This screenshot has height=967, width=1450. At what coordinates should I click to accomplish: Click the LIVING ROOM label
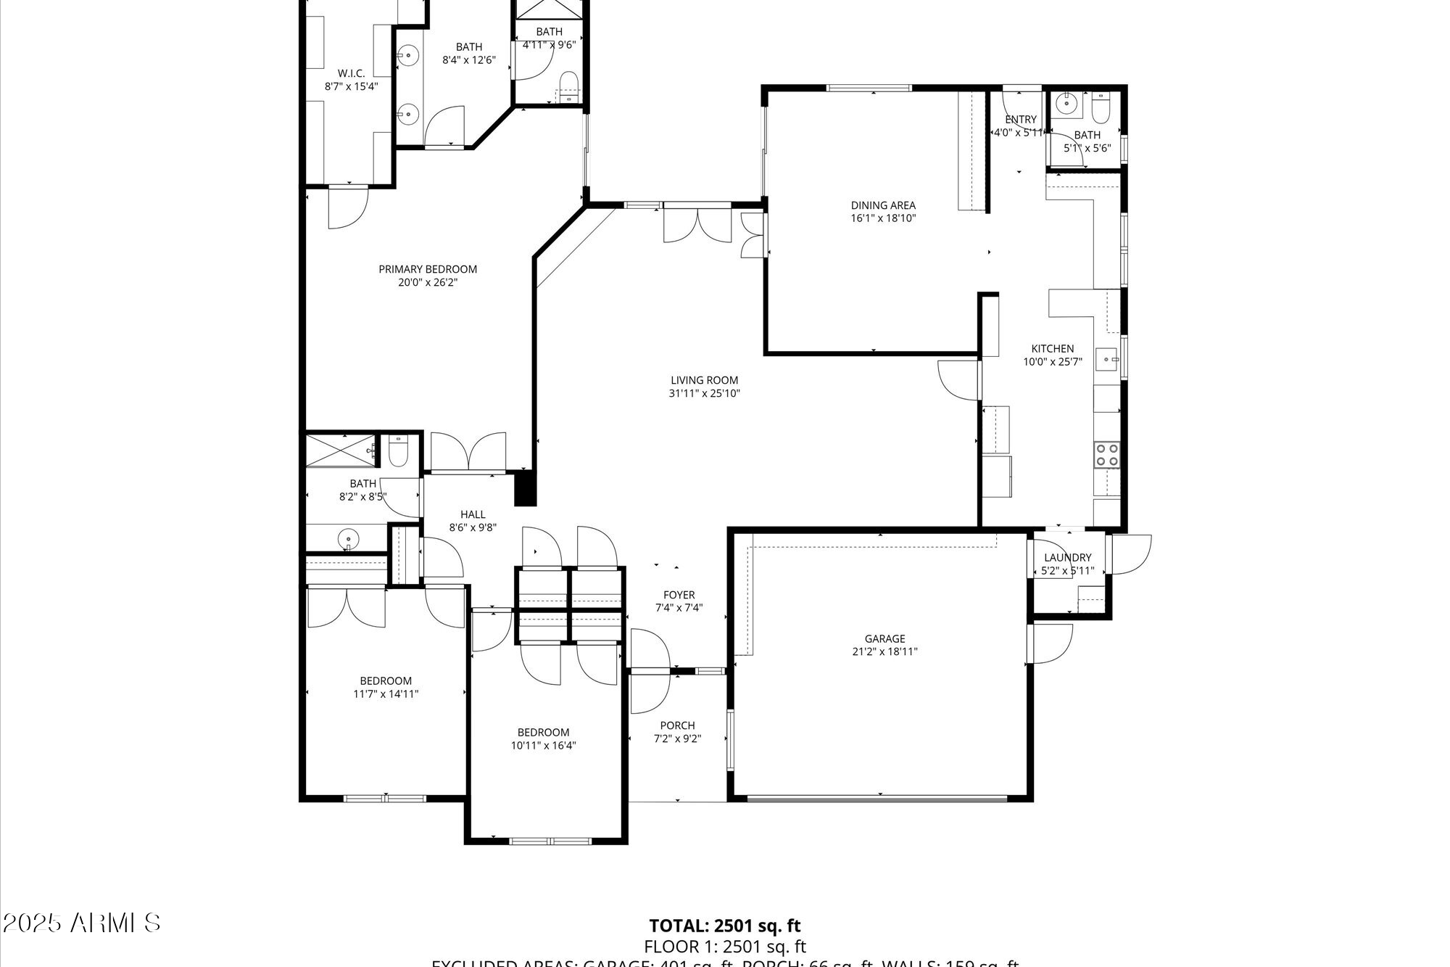click(704, 380)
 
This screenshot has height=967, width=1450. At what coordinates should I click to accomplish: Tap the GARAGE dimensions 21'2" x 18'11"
click(884, 651)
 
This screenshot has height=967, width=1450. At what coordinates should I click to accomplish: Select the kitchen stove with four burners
click(1106, 454)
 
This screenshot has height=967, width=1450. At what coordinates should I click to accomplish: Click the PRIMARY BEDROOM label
click(428, 269)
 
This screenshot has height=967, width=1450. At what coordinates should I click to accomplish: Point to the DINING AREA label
click(883, 205)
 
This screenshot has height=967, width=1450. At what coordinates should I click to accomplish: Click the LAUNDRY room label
click(1067, 557)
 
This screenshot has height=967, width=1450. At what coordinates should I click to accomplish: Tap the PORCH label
click(677, 725)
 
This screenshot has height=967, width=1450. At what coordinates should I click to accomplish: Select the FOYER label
click(679, 595)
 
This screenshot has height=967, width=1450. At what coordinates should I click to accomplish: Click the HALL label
click(473, 514)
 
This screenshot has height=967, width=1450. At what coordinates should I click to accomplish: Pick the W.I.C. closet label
click(351, 73)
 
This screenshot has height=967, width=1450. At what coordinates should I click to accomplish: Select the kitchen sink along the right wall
click(1106, 358)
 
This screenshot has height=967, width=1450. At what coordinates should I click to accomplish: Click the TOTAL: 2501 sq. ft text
click(724, 925)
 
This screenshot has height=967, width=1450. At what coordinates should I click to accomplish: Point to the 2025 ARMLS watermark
click(81, 923)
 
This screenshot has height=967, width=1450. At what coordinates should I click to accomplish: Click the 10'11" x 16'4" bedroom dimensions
click(543, 745)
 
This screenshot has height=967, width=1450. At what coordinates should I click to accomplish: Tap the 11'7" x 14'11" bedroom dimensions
click(386, 694)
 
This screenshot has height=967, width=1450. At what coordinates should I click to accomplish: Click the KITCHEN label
click(1053, 349)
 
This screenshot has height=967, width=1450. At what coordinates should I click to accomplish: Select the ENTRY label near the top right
click(1020, 120)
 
